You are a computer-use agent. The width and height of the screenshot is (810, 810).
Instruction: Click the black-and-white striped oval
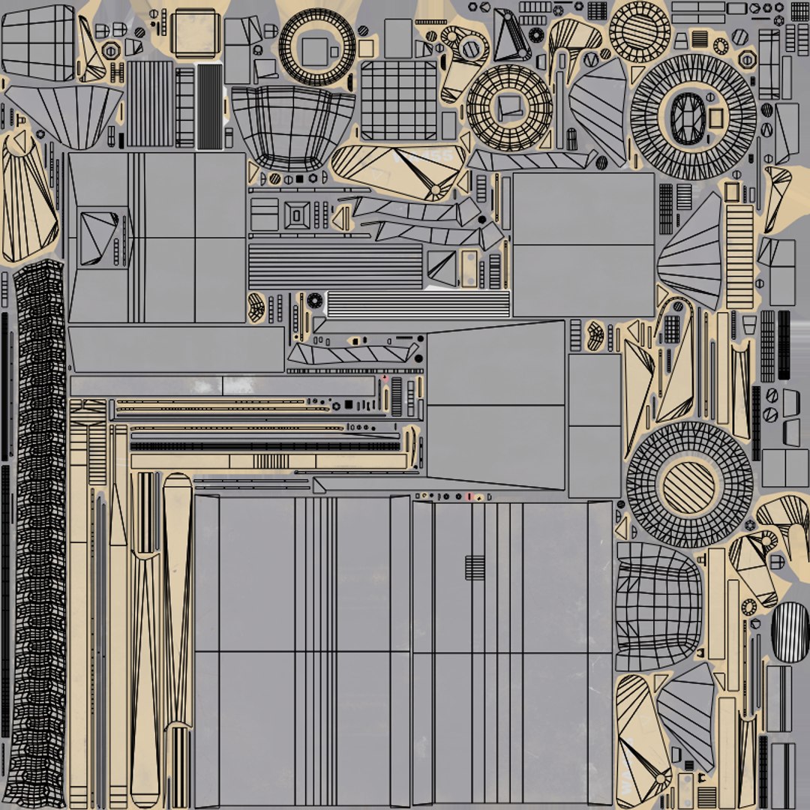[x=790, y=622]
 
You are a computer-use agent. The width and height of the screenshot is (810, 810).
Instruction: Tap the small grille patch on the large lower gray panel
[x=475, y=567]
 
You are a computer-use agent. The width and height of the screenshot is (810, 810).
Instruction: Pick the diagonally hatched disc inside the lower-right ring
[x=688, y=487]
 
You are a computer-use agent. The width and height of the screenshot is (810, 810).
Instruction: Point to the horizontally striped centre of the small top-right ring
[x=639, y=30]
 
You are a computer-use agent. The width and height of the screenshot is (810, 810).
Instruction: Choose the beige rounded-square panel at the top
[x=193, y=32]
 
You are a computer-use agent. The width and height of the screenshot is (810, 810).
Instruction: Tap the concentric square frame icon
[x=297, y=215]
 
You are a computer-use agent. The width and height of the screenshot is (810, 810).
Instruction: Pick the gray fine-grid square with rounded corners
[x=398, y=100]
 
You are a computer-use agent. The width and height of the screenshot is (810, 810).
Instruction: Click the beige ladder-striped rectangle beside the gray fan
[x=739, y=256]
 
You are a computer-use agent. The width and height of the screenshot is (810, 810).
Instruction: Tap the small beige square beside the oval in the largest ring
[x=716, y=118]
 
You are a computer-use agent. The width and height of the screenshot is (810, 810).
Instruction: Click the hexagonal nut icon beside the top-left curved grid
[x=111, y=51]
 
